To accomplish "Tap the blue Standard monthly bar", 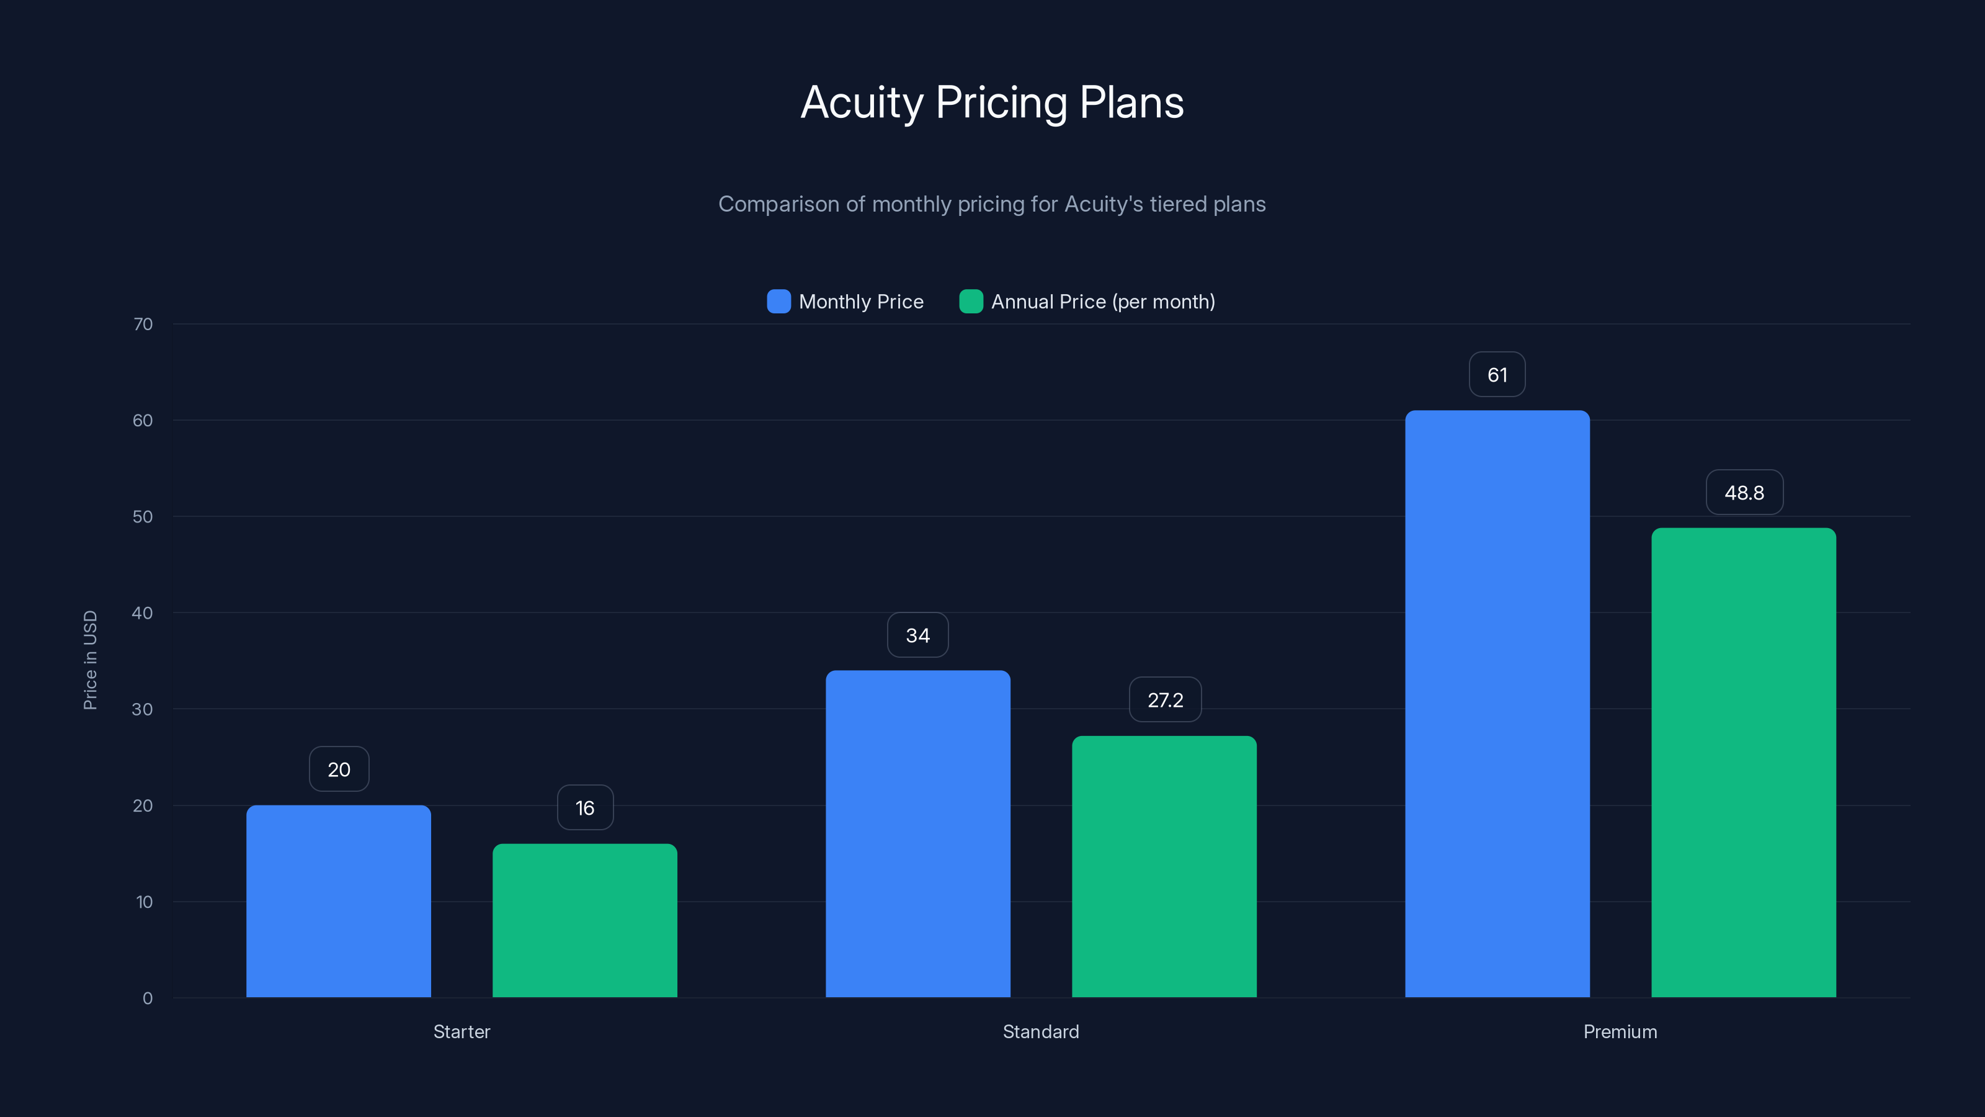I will (918, 833).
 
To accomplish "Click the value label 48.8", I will (1744, 493).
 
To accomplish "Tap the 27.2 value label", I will (1164, 700).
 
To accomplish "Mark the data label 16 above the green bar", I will (585, 808).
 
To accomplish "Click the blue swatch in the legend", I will (778, 302).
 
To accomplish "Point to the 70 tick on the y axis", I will (143, 325).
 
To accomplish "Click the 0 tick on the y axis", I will (147, 998).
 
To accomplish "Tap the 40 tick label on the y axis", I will (143, 613).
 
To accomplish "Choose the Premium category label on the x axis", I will (1620, 1031).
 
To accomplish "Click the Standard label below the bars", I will (1040, 1031).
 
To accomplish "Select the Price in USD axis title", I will (90, 660).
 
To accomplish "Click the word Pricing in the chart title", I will (1001, 102).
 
